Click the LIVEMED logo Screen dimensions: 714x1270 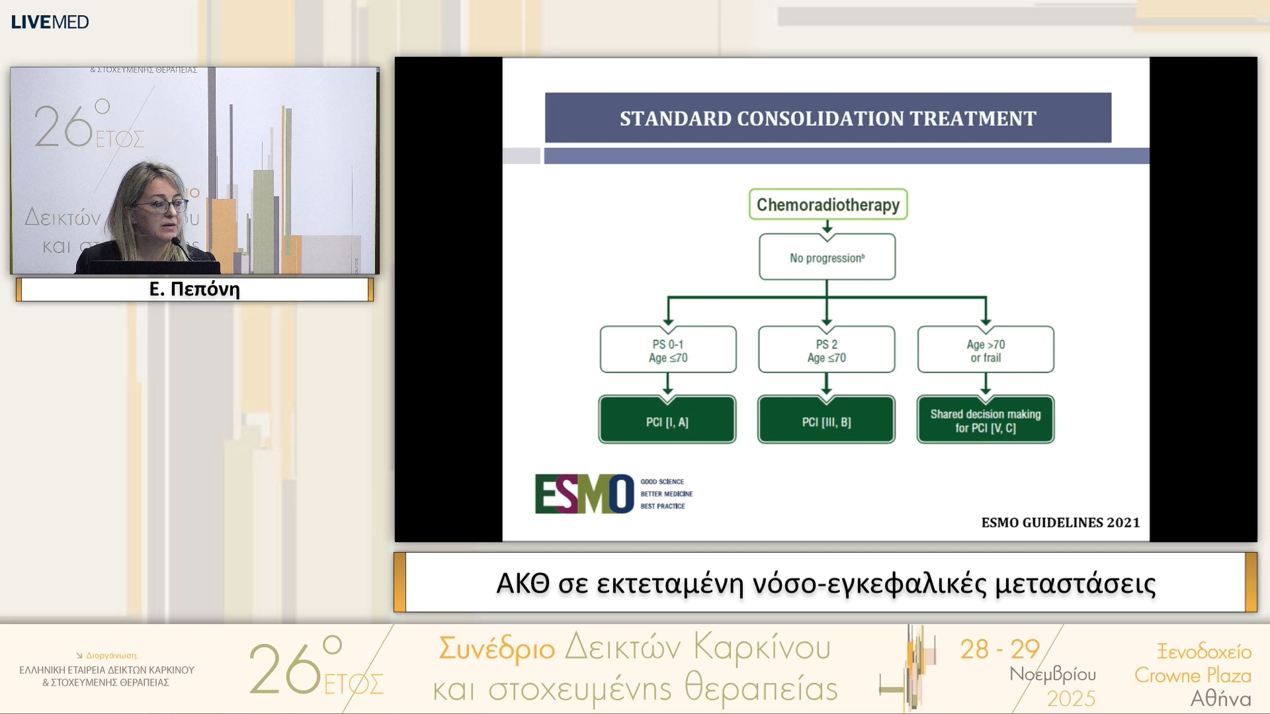pyautogui.click(x=50, y=22)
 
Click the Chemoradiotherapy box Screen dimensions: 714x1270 pyautogui.click(x=827, y=204)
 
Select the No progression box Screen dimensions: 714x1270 pyautogui.click(x=827, y=257)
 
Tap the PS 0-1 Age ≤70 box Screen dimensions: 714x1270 pyautogui.click(x=667, y=350)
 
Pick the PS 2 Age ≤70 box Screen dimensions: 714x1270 pyautogui.click(x=826, y=350)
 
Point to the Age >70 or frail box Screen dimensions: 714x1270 pyautogui.click(x=986, y=350)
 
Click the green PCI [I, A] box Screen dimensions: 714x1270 pyautogui.click(x=667, y=420)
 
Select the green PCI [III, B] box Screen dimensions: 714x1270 pyautogui.click(x=826, y=420)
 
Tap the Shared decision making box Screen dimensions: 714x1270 pyautogui.click(x=986, y=420)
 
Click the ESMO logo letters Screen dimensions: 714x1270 pyautogui.click(x=583, y=494)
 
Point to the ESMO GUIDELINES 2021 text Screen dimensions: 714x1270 pyautogui.click(x=1060, y=522)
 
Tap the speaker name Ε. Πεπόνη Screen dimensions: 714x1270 pyautogui.click(x=194, y=289)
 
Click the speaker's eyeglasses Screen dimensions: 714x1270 pyautogui.click(x=162, y=206)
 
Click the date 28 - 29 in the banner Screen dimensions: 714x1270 pyautogui.click(x=999, y=649)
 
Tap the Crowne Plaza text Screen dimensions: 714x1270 pyautogui.click(x=1193, y=675)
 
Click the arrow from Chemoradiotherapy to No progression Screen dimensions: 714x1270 pyautogui.click(x=827, y=227)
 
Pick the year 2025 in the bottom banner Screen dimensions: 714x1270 pyautogui.click(x=1070, y=699)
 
